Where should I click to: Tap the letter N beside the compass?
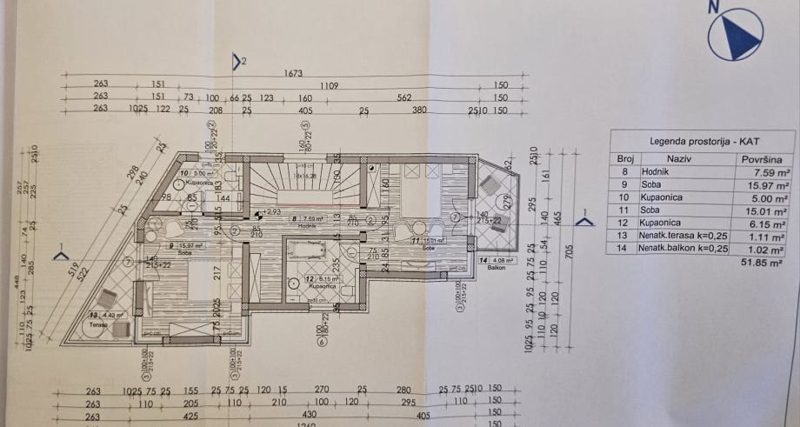pyautogui.click(x=713, y=6)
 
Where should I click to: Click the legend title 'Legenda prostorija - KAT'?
pyautogui.click(x=701, y=140)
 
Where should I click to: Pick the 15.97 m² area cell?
pyautogui.click(x=770, y=185)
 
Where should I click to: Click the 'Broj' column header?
pyautogui.click(x=624, y=160)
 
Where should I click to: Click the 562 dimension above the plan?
pyautogui.click(x=403, y=97)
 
